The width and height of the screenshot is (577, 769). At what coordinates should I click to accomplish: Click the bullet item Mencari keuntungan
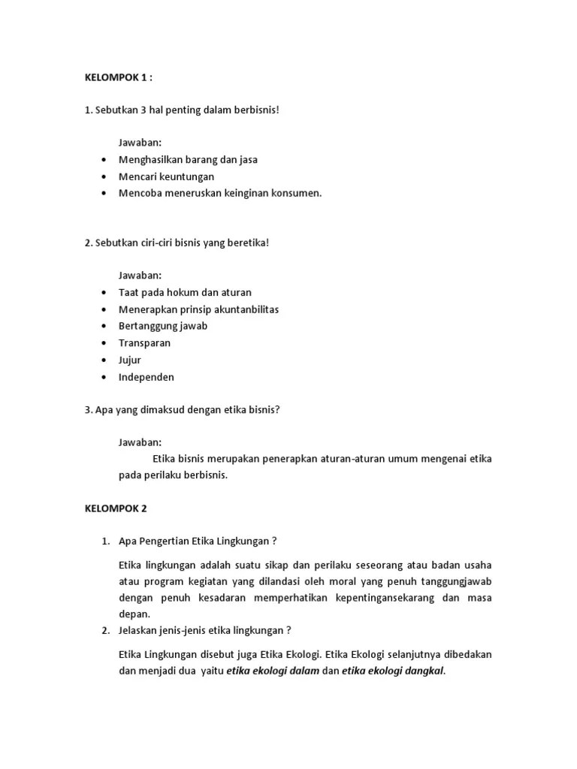[x=166, y=176]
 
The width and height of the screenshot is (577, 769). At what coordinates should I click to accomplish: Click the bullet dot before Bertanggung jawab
[x=102, y=327]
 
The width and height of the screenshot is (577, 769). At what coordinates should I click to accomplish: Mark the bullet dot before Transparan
[x=102, y=343]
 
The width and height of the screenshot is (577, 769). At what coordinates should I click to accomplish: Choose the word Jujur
[x=129, y=360]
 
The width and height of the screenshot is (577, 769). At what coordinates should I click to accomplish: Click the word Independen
[x=146, y=377]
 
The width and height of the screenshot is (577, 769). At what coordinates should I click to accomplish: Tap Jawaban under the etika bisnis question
[x=140, y=442]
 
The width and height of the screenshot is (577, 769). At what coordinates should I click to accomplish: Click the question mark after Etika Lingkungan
[x=275, y=541]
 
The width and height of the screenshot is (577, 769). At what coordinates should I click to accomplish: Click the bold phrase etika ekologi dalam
[x=273, y=672]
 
